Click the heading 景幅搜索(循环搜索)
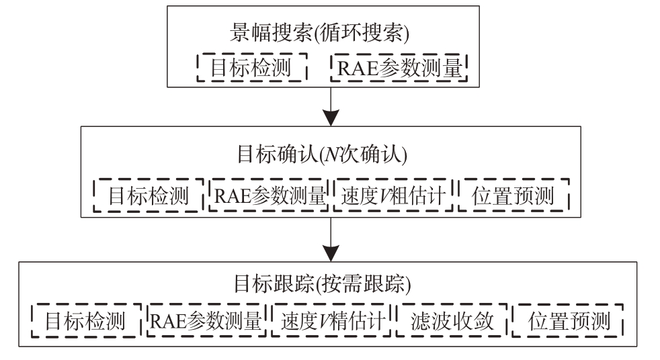pos(319,33)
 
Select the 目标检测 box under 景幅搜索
pos(252,67)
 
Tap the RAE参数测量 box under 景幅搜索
pos(399,67)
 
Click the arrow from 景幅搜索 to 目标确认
pos(331,106)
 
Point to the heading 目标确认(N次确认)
pos(322,154)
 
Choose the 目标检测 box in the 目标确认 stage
pos(149,195)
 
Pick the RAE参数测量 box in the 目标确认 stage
pos(269,195)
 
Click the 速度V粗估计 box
pos(393,195)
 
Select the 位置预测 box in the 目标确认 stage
pos(513,195)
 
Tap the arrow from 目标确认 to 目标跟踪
pos(331,239)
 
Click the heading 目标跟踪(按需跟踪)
pos(323,283)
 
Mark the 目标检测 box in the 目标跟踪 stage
pos(86,320)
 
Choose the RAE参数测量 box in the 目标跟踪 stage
pos(206,320)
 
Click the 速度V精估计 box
pos(331,320)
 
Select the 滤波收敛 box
pos(452,320)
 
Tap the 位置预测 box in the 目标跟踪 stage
pos(568,320)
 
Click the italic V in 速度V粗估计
pos(384,196)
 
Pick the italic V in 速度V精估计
pos(324,321)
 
